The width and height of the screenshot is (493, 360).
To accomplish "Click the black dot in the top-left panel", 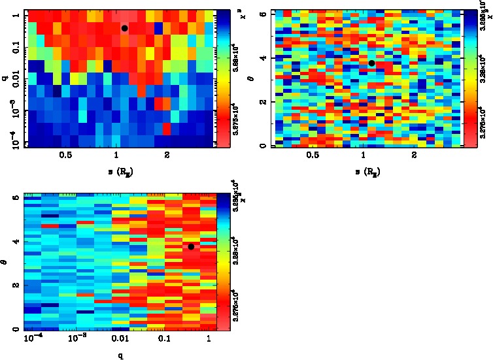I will [124, 28].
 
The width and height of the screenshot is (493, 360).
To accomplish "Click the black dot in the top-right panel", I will [371, 63].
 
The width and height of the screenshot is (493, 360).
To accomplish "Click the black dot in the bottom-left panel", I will [190, 246].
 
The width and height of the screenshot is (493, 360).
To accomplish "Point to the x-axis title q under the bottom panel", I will [120, 356].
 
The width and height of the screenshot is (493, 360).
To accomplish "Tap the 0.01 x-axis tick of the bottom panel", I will [120, 339].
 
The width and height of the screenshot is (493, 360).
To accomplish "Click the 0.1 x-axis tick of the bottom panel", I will [164, 339].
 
